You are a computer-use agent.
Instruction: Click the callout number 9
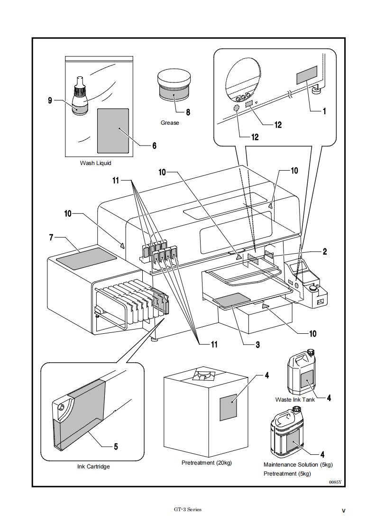(49, 100)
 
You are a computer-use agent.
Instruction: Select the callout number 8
(188, 113)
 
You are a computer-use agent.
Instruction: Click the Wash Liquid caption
(95, 163)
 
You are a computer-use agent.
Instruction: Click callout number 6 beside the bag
(154, 146)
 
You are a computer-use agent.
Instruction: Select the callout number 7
(51, 237)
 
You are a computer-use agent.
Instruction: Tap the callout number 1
(325, 112)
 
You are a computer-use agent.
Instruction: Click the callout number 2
(325, 252)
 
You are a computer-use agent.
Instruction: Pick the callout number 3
(257, 345)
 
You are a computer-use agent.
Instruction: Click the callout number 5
(116, 446)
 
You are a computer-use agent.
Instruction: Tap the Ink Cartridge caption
(93, 467)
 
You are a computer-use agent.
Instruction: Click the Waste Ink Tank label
(295, 400)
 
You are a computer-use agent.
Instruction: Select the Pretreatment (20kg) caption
(207, 463)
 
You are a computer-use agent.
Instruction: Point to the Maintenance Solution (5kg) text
(298, 465)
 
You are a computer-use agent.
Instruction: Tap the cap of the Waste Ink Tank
(312, 352)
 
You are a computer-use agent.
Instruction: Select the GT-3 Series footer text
(188, 510)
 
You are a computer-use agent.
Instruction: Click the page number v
(343, 511)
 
